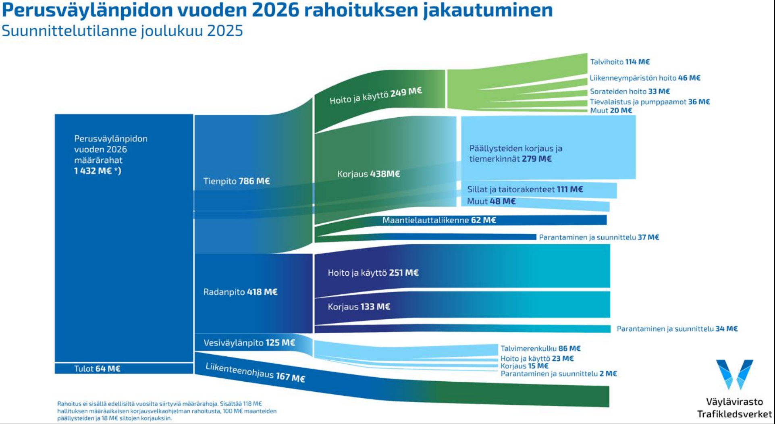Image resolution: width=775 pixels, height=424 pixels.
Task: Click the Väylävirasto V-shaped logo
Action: click(734, 374)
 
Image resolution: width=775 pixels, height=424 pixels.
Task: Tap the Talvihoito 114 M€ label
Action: click(619, 62)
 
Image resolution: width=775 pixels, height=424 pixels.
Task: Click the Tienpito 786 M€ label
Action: click(236, 181)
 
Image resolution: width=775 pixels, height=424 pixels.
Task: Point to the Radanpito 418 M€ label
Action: click(240, 292)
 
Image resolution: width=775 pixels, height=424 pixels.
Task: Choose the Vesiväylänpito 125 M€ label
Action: click(249, 343)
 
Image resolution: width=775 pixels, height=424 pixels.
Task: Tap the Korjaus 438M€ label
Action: click(368, 174)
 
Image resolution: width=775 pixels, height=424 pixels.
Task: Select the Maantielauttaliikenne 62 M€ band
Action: click(439, 220)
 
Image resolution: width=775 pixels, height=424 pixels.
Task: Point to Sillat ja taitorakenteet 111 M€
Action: click(525, 189)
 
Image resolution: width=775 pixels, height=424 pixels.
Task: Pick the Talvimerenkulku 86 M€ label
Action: click(540, 348)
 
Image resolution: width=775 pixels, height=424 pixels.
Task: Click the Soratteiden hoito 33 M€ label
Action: click(630, 91)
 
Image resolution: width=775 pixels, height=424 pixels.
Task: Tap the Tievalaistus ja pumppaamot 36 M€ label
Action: click(650, 102)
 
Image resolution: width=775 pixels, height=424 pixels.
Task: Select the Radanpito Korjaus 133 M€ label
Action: click(359, 307)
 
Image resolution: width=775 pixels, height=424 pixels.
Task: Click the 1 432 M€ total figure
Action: click(97, 170)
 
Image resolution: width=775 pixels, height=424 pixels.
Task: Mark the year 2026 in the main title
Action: click(276, 10)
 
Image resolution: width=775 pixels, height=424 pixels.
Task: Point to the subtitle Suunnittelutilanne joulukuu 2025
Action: click(122, 31)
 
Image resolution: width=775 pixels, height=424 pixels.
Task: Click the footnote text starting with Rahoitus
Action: click(167, 411)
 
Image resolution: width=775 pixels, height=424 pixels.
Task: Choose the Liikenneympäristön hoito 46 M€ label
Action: click(645, 78)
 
